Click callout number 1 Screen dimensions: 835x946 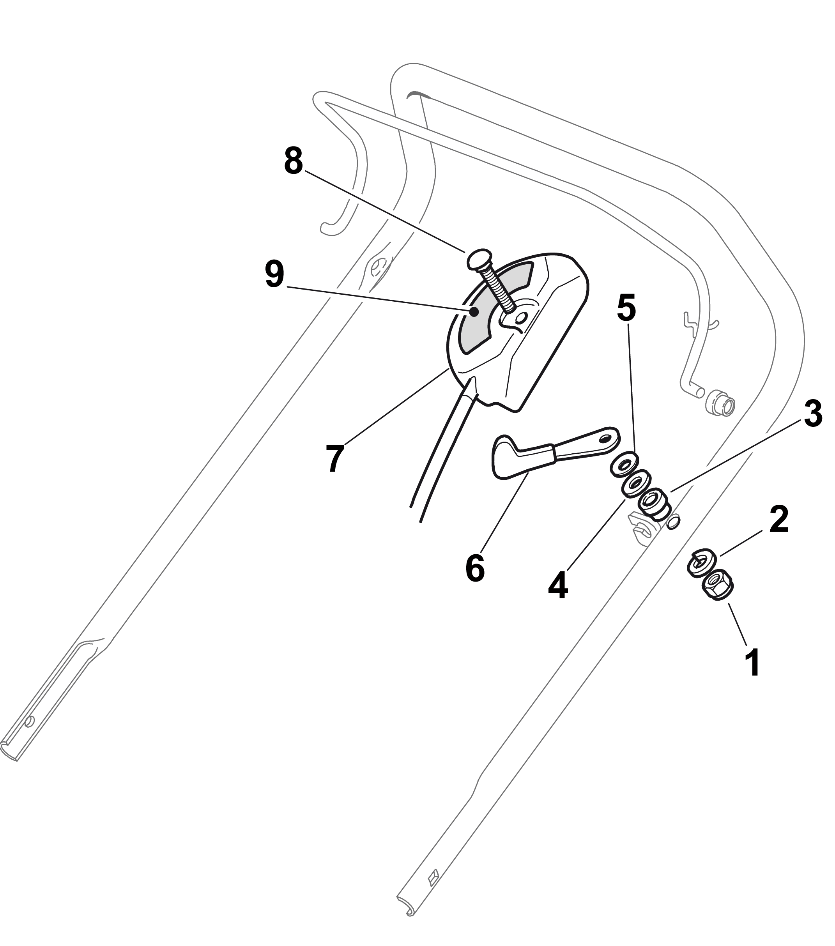754,662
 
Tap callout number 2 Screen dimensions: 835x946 778,519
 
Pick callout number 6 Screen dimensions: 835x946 475,568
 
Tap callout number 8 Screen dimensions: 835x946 294,161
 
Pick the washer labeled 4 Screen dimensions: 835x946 635,484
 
